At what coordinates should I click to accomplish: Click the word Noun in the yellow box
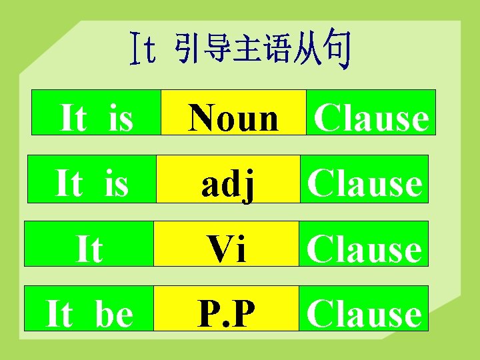click(233, 119)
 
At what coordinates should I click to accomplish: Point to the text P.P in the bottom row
click(225, 315)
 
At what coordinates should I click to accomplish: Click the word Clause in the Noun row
click(371, 119)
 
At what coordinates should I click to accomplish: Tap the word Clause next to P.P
click(364, 315)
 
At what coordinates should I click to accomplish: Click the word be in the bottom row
click(113, 315)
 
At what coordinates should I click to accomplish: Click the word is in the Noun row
click(120, 119)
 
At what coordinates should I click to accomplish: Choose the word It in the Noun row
click(73, 119)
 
